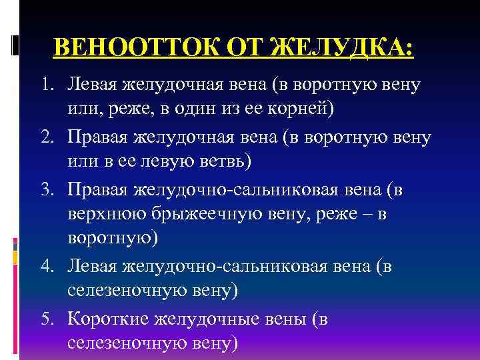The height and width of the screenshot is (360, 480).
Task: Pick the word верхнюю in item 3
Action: coord(107,215)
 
